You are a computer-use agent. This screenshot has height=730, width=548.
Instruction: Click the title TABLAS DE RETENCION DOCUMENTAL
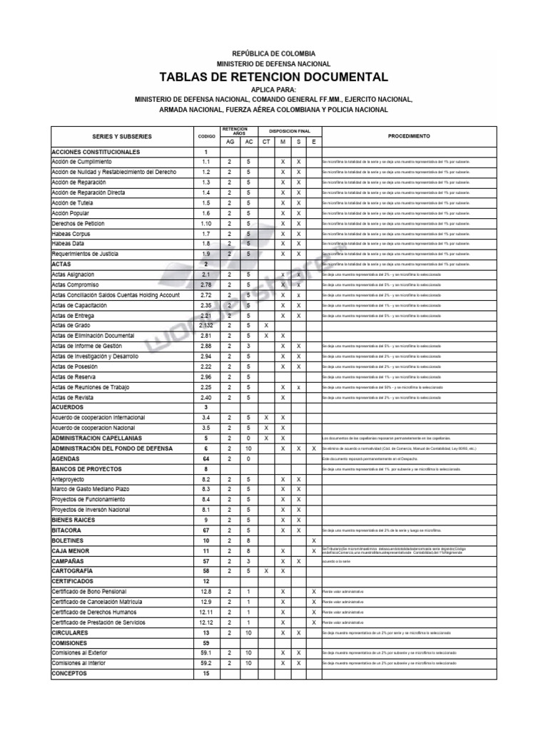(x=274, y=77)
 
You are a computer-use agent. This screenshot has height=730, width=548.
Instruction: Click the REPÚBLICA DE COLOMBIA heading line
(x=274, y=54)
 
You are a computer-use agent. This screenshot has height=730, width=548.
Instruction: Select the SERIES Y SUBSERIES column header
(x=122, y=136)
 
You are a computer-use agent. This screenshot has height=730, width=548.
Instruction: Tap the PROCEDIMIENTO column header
(x=408, y=135)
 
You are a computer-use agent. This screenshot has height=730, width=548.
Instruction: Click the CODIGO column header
(x=205, y=136)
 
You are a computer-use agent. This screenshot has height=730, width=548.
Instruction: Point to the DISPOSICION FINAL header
(x=289, y=132)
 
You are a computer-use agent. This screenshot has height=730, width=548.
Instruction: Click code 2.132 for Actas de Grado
(x=205, y=326)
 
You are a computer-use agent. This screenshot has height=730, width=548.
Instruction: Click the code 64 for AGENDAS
(x=205, y=459)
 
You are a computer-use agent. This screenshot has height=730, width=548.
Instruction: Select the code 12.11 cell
(x=205, y=612)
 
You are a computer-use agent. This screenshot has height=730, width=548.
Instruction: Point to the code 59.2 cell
(x=205, y=663)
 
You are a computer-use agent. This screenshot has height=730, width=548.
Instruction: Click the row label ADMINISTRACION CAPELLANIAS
(x=96, y=438)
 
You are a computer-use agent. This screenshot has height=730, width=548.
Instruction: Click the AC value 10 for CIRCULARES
(x=248, y=632)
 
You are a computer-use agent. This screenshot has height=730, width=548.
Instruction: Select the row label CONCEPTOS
(x=69, y=673)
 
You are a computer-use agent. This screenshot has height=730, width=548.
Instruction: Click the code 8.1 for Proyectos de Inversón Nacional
(x=205, y=510)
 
